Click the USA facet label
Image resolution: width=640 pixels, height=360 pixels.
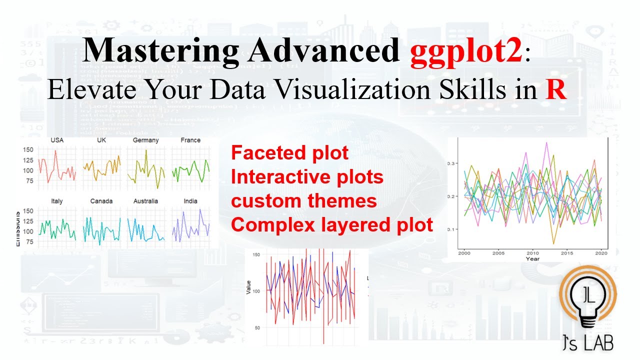[x=57, y=140]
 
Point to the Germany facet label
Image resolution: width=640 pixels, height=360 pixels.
[x=145, y=140]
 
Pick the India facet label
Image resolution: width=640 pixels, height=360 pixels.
[x=190, y=201]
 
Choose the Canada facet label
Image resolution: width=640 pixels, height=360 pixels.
[x=101, y=201]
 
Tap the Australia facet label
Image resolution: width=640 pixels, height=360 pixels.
[x=145, y=201]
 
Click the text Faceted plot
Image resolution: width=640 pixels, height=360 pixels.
[x=289, y=153]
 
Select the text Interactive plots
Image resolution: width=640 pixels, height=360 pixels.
[x=307, y=177]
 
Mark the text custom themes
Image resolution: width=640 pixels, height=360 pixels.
[x=303, y=201]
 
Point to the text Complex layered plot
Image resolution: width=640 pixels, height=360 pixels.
[x=332, y=225]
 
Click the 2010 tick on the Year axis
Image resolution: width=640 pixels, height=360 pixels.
[x=533, y=253]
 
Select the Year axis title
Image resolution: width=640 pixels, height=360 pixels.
[x=532, y=259]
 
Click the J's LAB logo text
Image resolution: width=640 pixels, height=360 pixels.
[x=588, y=343]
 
